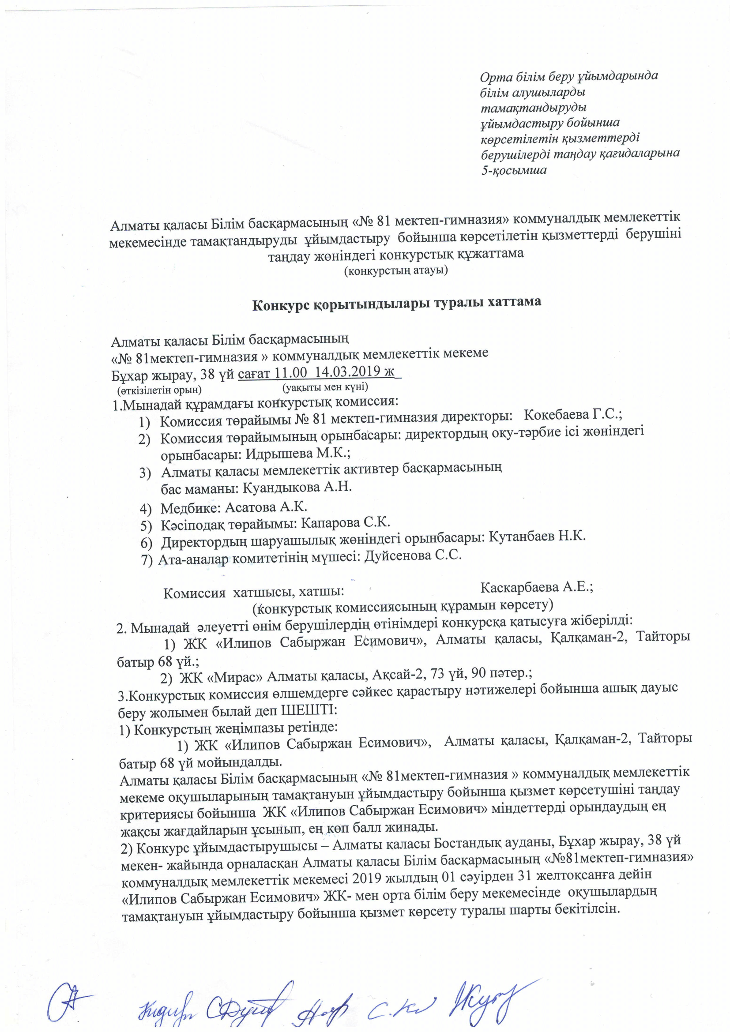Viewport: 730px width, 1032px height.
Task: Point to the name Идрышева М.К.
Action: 297,453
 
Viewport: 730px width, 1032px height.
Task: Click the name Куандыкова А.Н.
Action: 297,487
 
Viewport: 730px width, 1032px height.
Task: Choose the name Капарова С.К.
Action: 345,523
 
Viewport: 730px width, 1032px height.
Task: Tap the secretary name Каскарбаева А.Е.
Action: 537,587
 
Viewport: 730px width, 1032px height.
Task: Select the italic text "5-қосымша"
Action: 514,170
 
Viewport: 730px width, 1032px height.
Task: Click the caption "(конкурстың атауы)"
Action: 395,271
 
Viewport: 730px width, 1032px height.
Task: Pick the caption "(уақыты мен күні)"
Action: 325,387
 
